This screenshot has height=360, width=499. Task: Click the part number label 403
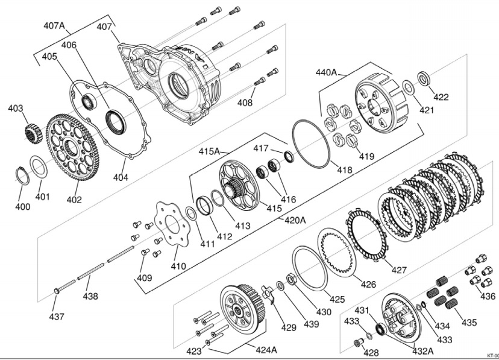point(15,109)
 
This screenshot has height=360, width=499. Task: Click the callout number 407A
point(54,26)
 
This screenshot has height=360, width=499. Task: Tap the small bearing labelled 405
point(88,101)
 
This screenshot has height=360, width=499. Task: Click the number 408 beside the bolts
point(245,103)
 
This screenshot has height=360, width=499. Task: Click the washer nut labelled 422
point(424,78)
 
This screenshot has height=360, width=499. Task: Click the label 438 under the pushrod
point(90,296)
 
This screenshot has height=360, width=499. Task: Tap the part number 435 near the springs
point(469,322)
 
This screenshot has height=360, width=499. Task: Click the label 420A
point(295,220)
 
